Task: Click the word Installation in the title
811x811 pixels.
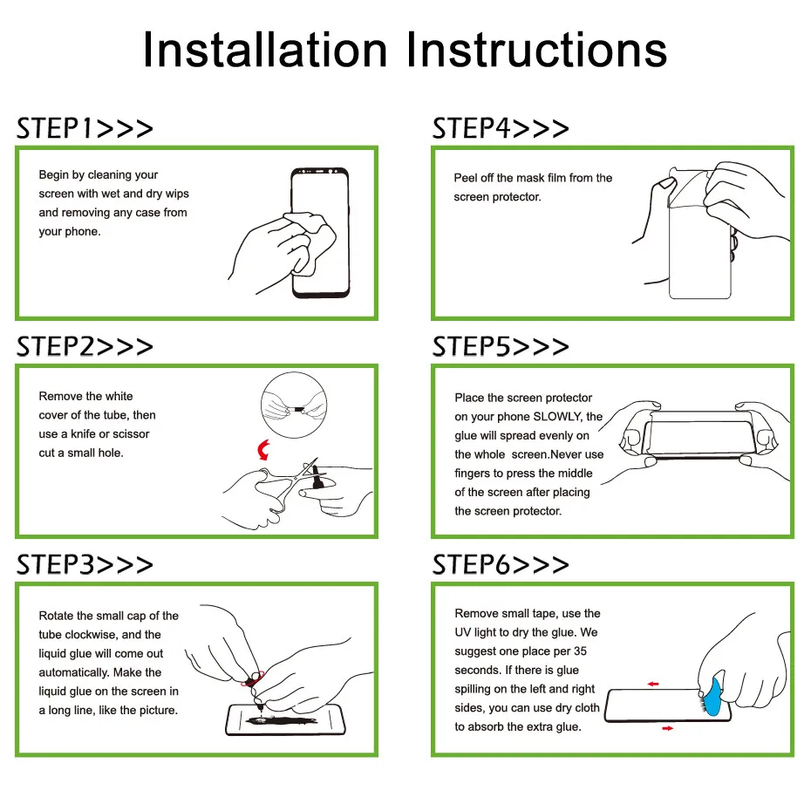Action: pyautogui.click(x=265, y=50)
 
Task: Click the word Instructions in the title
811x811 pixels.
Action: pyautogui.click(x=536, y=50)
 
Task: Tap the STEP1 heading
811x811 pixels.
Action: pyautogui.click(x=85, y=128)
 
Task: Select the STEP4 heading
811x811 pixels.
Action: pyautogui.click(x=501, y=128)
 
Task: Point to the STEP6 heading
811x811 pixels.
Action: pyautogui.click(x=501, y=564)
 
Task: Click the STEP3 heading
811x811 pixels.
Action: pyautogui.click(x=85, y=564)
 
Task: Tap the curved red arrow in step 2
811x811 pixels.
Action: pyautogui.click(x=262, y=450)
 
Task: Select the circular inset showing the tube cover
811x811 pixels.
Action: pyautogui.click(x=294, y=405)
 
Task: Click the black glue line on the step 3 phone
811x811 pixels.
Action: pyautogui.click(x=282, y=720)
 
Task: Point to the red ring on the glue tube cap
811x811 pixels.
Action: pyautogui.click(x=252, y=678)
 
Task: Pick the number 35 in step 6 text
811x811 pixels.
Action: pyautogui.click(x=580, y=651)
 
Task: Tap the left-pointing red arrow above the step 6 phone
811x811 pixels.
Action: pyautogui.click(x=653, y=684)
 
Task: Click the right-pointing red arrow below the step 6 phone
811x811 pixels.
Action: pyautogui.click(x=668, y=728)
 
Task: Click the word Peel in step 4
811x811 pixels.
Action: pyautogui.click(x=465, y=178)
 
